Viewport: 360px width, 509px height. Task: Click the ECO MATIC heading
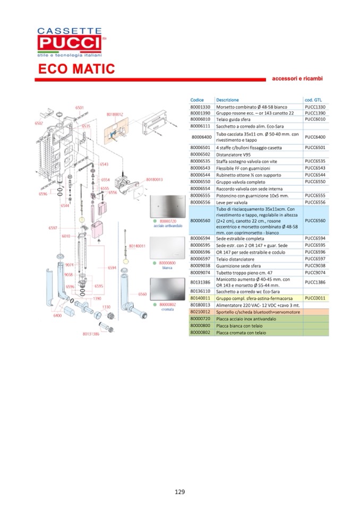[76, 69]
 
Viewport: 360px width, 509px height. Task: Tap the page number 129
[180, 491]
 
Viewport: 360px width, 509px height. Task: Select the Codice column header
[197, 100]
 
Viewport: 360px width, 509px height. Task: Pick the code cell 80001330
[201, 107]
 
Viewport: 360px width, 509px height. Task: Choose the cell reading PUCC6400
[315, 137]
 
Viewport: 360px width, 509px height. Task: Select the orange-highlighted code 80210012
[201, 313]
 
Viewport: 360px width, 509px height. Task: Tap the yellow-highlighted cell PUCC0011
[315, 299]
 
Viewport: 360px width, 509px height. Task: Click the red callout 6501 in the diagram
[79, 107]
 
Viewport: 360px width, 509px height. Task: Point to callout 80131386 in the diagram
[91, 334]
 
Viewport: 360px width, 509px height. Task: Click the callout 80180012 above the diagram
[115, 114]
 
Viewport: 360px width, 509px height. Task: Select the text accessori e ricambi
[297, 79]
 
